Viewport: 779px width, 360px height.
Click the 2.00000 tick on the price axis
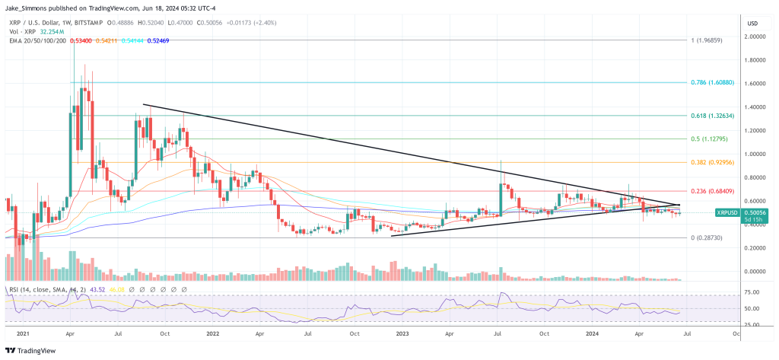(x=755, y=37)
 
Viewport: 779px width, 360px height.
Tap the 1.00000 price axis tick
(x=755, y=154)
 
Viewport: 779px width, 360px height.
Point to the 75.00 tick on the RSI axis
(x=752, y=292)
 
